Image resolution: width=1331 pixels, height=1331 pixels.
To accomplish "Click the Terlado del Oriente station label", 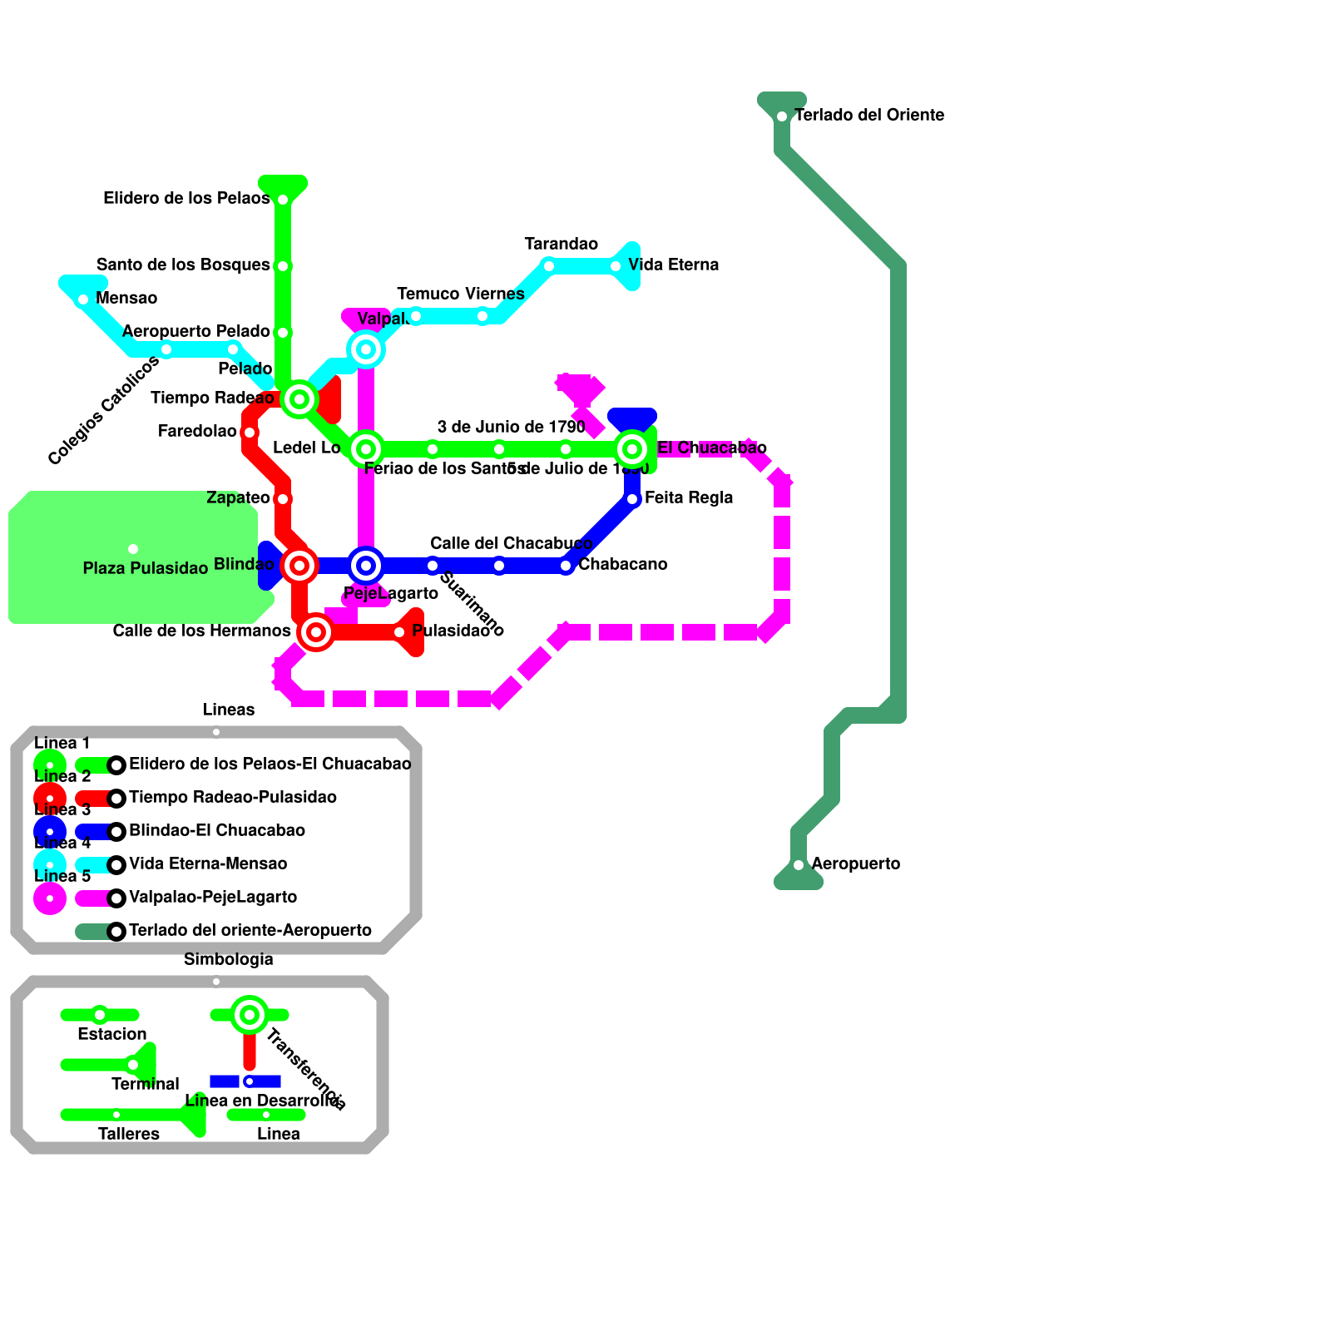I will (x=869, y=115).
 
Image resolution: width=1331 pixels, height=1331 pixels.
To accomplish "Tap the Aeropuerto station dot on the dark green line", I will (x=799, y=865).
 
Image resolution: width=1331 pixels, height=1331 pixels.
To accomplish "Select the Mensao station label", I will (x=126, y=298).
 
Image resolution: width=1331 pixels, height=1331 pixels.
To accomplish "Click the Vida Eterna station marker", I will (x=616, y=266).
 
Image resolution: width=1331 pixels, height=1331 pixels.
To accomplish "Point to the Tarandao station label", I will (x=561, y=244).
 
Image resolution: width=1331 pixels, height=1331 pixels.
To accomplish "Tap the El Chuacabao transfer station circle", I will (x=632, y=449).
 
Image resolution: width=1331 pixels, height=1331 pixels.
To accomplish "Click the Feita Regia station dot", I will (x=632, y=499).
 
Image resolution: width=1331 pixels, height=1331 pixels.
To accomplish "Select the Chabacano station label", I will (x=622, y=564).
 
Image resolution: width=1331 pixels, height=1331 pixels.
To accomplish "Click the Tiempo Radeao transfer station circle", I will (x=299, y=399).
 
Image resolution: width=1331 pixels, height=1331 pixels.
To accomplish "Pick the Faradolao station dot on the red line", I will (x=250, y=433).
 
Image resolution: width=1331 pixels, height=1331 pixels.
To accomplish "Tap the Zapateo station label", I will (x=238, y=497).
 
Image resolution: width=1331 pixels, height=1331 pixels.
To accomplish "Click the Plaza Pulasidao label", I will (x=146, y=568).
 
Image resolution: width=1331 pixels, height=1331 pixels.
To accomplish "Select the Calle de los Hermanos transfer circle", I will (x=316, y=632).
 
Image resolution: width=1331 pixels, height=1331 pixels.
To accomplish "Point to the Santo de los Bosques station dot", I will (x=283, y=266).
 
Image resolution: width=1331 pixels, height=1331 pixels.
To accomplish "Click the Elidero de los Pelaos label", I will (x=186, y=198).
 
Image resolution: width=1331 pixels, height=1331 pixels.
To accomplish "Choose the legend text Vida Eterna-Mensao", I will (x=208, y=863).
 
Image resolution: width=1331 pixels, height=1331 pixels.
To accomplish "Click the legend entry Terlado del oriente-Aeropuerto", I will (x=250, y=930).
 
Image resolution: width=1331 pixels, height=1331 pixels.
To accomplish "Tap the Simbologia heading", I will (x=228, y=959).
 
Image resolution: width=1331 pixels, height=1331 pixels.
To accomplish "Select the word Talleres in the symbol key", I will (x=129, y=1134).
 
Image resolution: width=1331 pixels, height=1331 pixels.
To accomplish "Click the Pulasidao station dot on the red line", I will (x=399, y=632).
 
